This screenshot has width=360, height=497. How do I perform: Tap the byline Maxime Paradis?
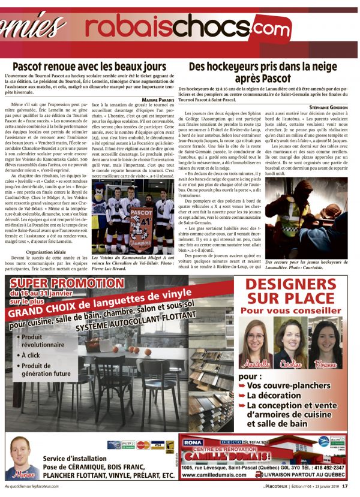click(157, 99)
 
